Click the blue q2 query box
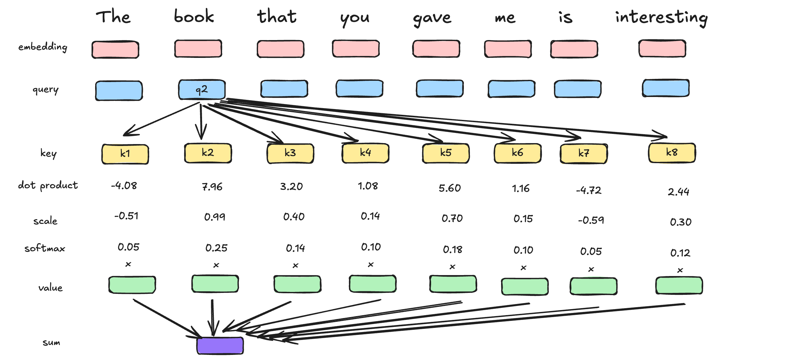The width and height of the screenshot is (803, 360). (x=202, y=89)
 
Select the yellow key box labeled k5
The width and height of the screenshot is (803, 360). (x=446, y=153)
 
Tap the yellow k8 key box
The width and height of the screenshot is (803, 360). (x=672, y=153)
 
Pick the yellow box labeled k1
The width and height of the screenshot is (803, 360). (x=125, y=154)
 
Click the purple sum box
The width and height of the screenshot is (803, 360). (x=220, y=346)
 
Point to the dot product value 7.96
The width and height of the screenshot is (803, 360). (x=212, y=187)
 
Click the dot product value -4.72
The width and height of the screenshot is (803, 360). (x=589, y=190)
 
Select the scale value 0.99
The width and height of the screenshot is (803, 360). (x=215, y=217)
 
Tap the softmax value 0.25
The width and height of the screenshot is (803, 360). (x=216, y=248)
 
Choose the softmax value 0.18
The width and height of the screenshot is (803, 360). (x=452, y=250)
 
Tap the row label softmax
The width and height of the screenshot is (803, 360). (x=45, y=248)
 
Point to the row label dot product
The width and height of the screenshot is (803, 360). (x=48, y=185)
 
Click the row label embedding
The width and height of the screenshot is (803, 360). (x=43, y=47)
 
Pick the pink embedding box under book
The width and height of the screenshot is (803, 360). (x=198, y=49)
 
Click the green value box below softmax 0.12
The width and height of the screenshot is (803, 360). (x=679, y=286)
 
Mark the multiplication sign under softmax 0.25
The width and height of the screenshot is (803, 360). (x=216, y=265)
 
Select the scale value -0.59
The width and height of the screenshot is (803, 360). (x=591, y=220)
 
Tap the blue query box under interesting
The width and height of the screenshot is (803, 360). (x=666, y=88)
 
